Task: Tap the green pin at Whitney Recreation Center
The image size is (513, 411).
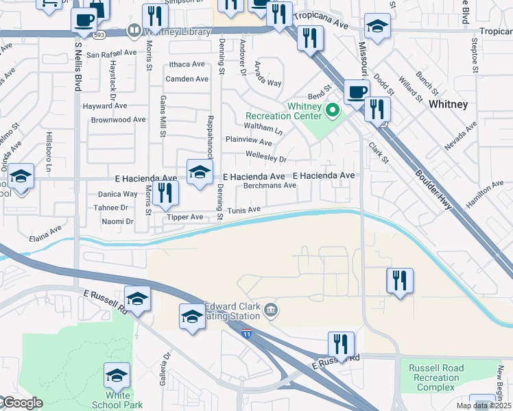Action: coord(333,110)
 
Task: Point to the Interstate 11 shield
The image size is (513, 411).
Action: coord(246,333)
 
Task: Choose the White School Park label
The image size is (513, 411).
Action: coord(124,400)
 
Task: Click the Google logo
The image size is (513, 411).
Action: coord(22,403)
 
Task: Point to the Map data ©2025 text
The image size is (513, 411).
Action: coord(484,406)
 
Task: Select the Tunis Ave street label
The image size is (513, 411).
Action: coord(244,210)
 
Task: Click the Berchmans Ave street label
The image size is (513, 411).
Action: coord(270,186)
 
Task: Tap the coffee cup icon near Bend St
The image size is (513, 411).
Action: coord(355,92)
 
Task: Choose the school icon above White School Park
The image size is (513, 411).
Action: coord(117,375)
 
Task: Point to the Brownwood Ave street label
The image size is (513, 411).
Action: coord(118,120)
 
